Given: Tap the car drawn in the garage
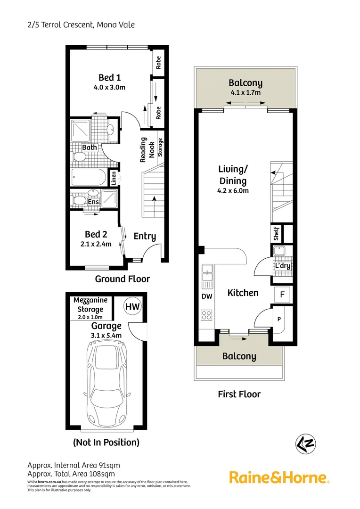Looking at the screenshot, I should point(106,382).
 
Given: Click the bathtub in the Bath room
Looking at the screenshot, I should point(89,178).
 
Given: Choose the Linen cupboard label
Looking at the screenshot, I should point(114,178).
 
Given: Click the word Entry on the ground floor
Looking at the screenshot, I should point(145,236).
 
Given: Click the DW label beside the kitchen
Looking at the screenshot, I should point(207,296).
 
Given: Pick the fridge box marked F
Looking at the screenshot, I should point(282,295).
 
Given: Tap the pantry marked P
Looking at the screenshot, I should point(279,319).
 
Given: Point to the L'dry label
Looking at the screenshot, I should point(282,266).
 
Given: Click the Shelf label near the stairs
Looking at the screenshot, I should point(277,234).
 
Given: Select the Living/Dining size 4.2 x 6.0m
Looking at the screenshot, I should point(232,191).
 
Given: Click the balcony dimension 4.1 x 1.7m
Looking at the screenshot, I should point(245,92).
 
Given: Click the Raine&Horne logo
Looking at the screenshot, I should point(279,477).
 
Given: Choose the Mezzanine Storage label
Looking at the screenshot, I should point(90,304).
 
